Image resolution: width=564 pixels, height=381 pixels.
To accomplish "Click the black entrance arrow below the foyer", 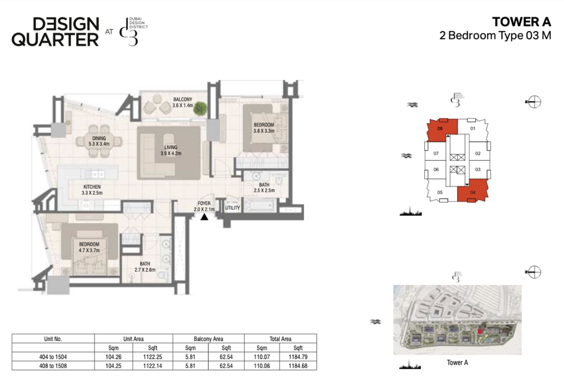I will (204, 217).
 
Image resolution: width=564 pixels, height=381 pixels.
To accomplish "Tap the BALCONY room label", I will (182, 100).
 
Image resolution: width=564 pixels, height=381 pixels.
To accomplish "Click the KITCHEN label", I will (92, 187).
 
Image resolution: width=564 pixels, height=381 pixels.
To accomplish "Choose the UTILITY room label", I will (233, 208).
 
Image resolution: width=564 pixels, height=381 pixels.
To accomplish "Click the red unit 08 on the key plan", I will (440, 130).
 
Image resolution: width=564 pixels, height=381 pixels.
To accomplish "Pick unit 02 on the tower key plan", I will (477, 153).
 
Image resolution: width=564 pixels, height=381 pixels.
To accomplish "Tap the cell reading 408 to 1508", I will (53, 365).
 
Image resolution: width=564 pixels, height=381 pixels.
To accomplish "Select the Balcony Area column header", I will (208, 339).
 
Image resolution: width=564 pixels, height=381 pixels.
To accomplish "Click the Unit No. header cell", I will (53, 339).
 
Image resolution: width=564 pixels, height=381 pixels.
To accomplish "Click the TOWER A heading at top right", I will (521, 22).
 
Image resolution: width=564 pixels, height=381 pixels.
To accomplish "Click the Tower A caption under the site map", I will (457, 363).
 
